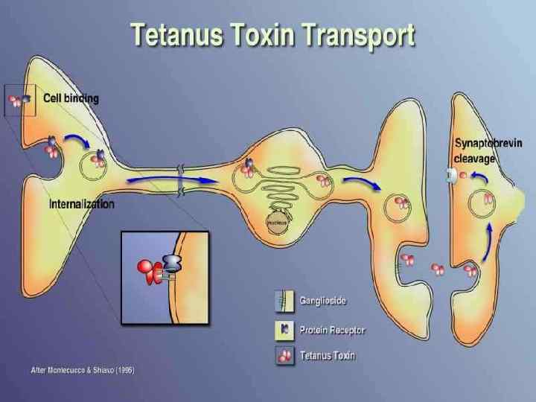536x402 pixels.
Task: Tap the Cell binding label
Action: click(x=71, y=98)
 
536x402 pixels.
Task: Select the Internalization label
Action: click(x=82, y=203)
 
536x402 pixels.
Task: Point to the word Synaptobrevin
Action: click(x=488, y=143)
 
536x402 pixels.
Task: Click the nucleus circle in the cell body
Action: click(x=277, y=221)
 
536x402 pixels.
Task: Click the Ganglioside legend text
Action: click(x=323, y=301)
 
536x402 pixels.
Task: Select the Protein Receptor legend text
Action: click(x=333, y=329)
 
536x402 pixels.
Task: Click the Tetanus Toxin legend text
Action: click(x=328, y=355)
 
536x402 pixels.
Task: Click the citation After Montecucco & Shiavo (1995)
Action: click(x=83, y=370)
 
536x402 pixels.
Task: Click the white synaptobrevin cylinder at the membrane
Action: click(x=451, y=176)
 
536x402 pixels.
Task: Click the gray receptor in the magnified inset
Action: click(x=171, y=263)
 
